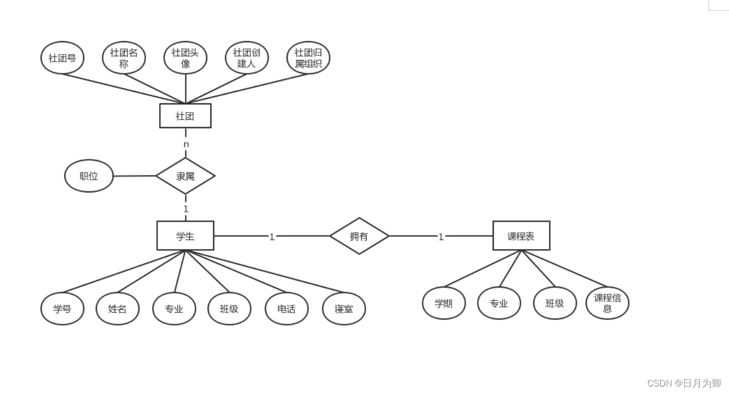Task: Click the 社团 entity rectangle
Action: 185,116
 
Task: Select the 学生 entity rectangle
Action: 185,236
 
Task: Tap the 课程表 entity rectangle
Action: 521,236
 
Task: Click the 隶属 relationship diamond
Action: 185,176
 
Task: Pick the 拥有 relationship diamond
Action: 359,236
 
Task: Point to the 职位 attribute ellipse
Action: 89,176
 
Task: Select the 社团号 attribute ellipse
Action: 62,58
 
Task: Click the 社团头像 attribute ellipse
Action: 185,58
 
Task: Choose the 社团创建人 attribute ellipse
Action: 247,58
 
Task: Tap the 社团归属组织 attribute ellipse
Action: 308,58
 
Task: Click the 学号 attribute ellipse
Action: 62,309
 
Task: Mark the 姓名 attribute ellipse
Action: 117,309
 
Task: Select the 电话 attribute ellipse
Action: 287,309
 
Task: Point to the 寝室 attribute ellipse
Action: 344,309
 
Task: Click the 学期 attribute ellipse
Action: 443,303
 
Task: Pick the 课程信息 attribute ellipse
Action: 607,303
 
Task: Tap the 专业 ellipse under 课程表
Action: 499,303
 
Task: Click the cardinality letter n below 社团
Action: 186,144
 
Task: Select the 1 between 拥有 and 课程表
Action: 441,236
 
